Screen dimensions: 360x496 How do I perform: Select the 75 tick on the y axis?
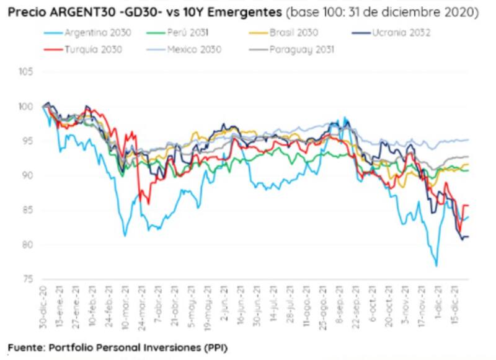click(27, 279)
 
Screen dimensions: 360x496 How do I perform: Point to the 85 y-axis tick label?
click(27, 211)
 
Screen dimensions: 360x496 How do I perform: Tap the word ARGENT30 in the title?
click(72, 12)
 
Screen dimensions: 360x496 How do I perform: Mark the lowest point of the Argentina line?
click(436, 266)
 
